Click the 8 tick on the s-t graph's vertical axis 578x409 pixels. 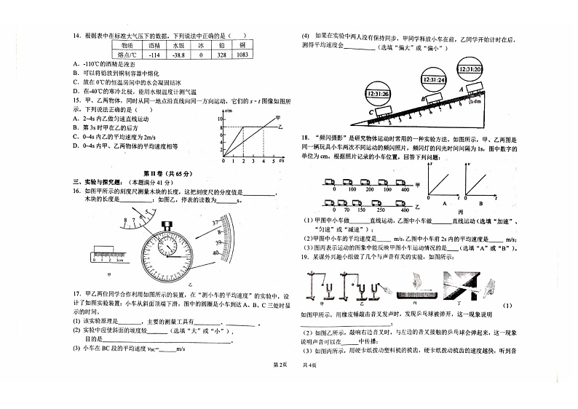click(221, 127)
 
